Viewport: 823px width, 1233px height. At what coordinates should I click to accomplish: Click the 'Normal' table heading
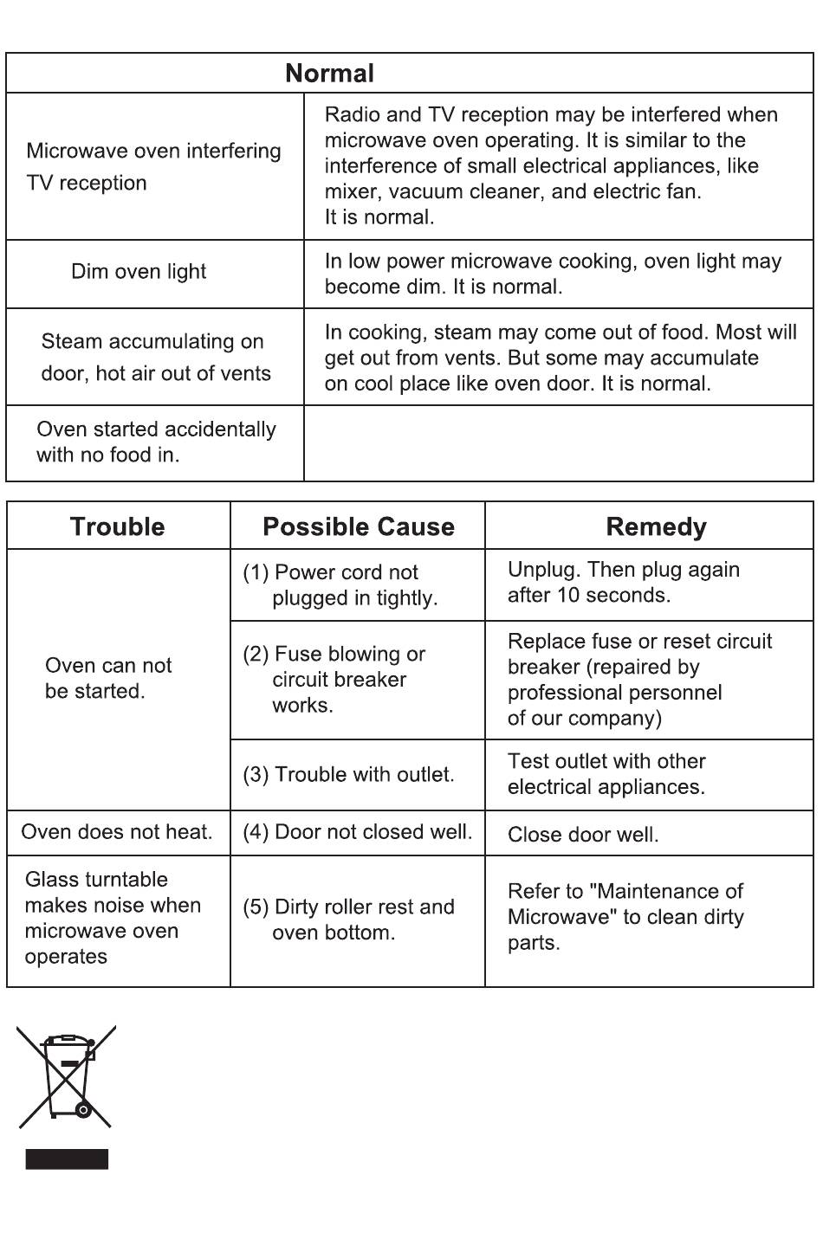tap(329, 74)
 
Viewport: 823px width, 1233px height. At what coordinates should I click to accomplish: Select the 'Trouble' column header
tap(117, 526)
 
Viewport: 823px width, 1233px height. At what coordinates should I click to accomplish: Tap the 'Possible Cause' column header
tap(358, 526)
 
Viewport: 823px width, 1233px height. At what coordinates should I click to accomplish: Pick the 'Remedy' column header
tap(656, 526)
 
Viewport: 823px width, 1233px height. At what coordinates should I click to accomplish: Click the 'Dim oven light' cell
tap(139, 272)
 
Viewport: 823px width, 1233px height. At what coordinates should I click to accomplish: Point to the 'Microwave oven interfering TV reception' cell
tap(153, 166)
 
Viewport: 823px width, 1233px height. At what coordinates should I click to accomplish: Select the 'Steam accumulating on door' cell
tap(155, 357)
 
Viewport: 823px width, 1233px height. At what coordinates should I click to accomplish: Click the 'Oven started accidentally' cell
tap(156, 442)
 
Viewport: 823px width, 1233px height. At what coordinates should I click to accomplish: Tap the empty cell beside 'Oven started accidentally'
tap(558, 442)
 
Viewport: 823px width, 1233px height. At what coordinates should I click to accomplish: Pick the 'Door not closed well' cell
tap(357, 832)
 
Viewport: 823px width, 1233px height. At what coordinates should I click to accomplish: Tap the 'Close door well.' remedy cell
tap(583, 835)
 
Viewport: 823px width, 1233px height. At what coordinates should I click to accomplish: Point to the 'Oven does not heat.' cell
tap(117, 832)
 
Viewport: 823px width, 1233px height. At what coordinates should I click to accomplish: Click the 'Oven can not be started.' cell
tap(108, 678)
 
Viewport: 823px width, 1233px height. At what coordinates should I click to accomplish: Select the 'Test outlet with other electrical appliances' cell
tap(606, 773)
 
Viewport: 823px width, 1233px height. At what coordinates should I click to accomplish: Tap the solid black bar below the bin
tap(67, 1159)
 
